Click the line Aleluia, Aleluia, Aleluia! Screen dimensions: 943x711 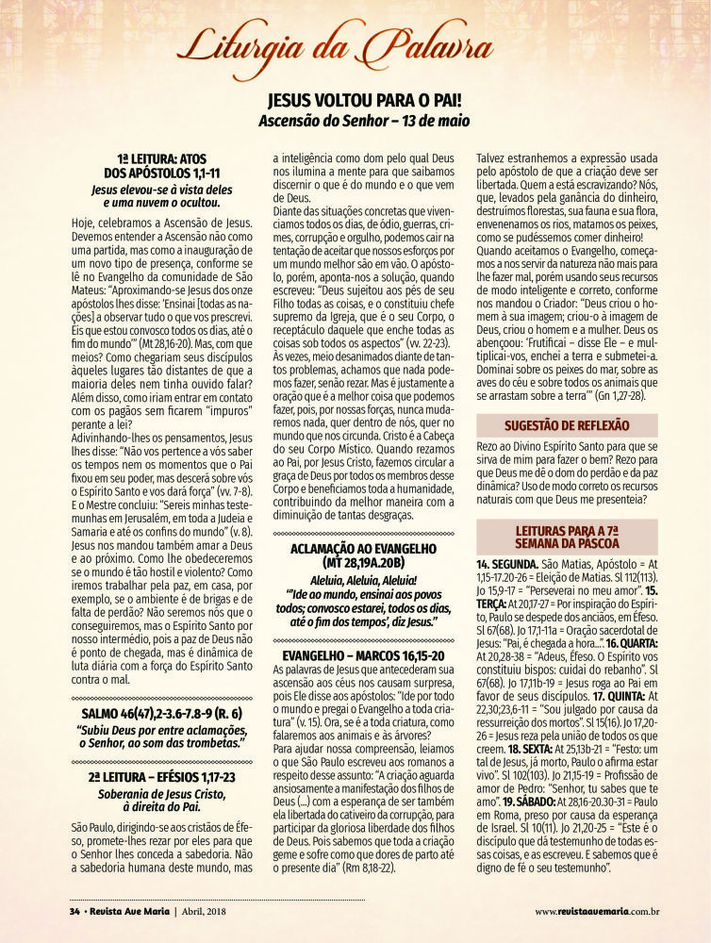pos(363,585)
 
